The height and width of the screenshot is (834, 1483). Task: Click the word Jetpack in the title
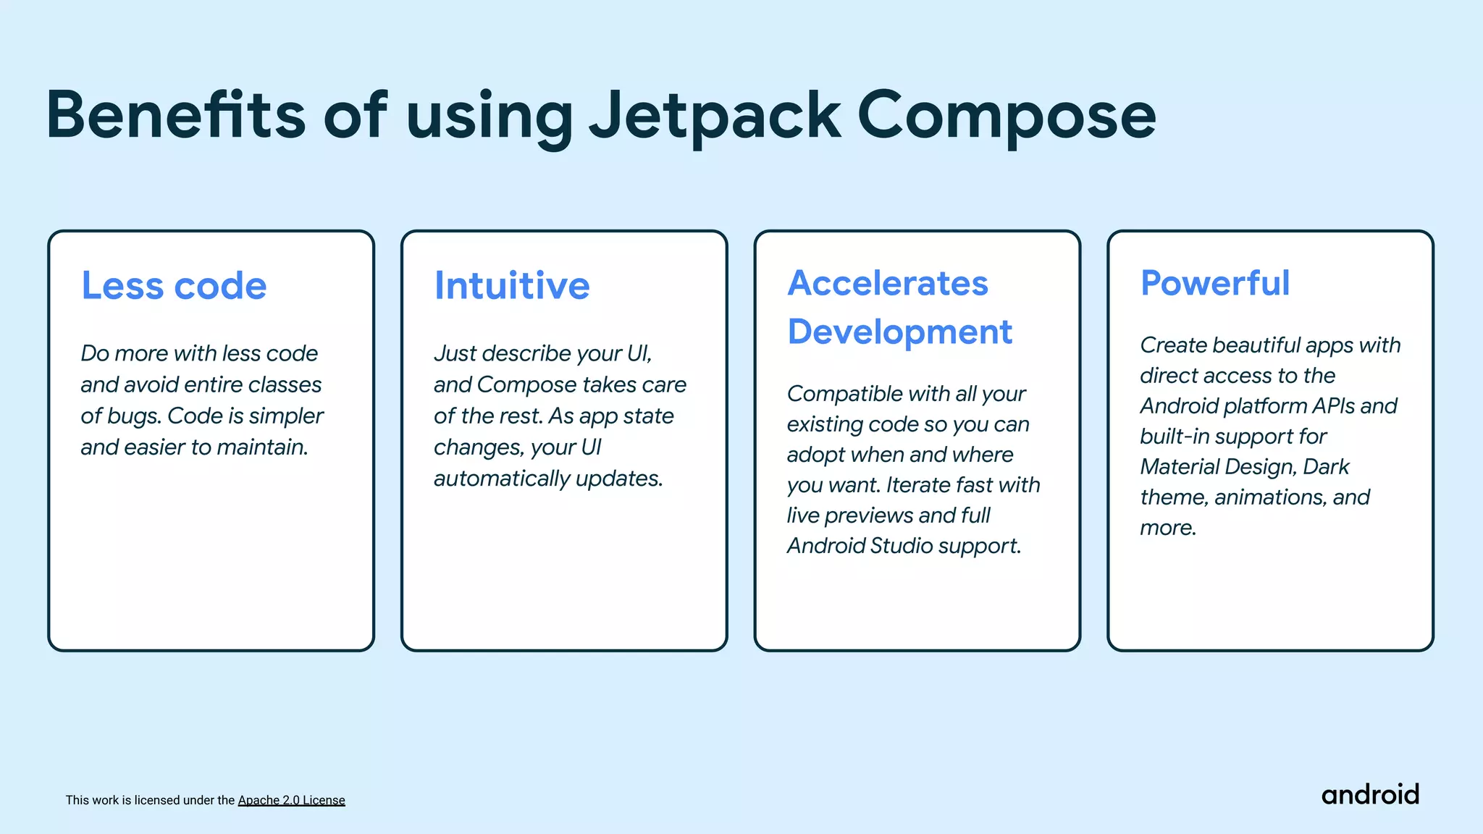coord(715,116)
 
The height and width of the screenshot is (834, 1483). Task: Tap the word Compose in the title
coord(1007,116)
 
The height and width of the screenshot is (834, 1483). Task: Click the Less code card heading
coord(174,285)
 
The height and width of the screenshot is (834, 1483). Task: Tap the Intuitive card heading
coord(512,285)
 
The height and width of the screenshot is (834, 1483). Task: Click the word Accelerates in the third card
coord(888,283)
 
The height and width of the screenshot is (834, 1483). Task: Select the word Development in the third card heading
coord(899,332)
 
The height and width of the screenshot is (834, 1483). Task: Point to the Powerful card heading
coord(1215,283)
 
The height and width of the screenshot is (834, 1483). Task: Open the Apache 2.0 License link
coord(291,800)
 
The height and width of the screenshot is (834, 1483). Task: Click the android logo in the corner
coord(1370,795)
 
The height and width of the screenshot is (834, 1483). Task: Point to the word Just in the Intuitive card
coord(455,353)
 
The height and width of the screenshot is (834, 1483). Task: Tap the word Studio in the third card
coord(902,546)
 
